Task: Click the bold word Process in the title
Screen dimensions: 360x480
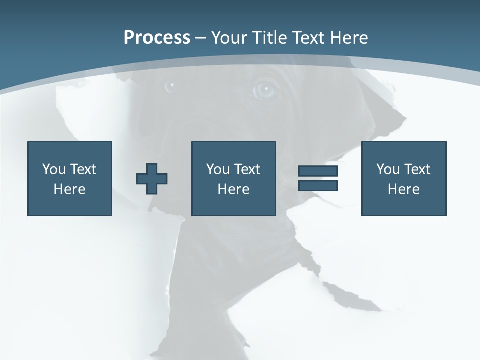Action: tap(157, 38)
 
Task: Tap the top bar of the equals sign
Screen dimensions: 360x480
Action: tap(318, 171)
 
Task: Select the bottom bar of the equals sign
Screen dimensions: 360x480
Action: tap(318, 185)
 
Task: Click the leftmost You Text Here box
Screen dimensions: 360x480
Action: tap(70, 178)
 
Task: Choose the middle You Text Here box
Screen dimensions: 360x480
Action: tap(234, 178)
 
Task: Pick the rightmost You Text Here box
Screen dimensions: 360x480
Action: tap(404, 178)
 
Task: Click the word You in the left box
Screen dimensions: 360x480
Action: tap(54, 169)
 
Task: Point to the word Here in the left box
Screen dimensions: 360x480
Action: tap(70, 189)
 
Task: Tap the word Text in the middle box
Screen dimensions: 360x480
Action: tap(247, 169)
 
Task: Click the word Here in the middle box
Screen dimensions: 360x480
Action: tap(234, 189)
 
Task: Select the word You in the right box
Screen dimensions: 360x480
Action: tap(388, 169)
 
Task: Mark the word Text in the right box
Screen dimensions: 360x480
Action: tap(417, 169)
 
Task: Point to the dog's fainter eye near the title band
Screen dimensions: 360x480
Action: tap(171, 86)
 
